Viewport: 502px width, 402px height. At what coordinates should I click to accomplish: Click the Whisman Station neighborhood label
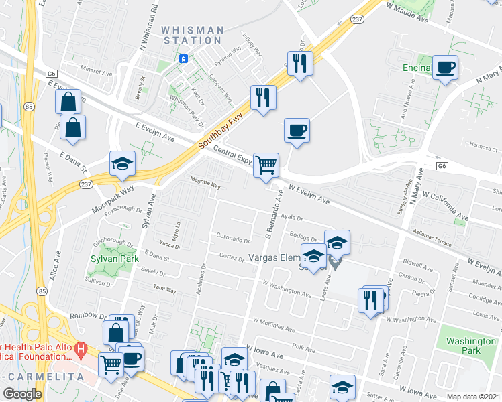click(193, 35)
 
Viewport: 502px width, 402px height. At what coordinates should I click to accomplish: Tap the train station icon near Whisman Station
click(183, 59)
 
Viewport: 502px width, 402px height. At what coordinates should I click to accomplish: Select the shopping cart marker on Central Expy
click(266, 164)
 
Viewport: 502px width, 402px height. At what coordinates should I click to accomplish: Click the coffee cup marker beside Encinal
click(444, 67)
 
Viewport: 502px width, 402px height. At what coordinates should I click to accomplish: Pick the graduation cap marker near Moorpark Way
click(122, 164)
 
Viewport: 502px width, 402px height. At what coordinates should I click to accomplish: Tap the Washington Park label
click(471, 346)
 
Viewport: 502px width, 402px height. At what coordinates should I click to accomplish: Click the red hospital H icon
click(81, 349)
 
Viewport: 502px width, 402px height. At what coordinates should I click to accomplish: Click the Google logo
click(22, 394)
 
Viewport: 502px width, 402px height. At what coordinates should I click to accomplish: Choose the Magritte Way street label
click(205, 186)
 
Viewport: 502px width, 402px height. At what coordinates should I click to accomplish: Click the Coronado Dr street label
click(233, 238)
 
